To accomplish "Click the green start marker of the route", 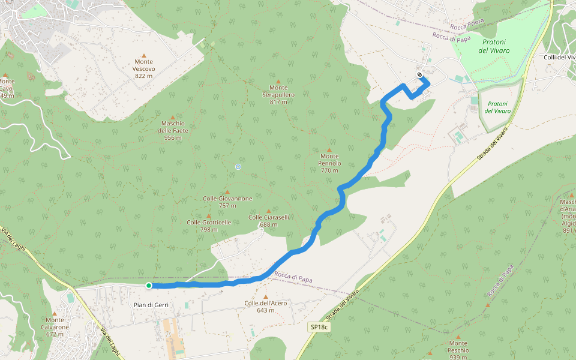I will pyautogui.click(x=148, y=286).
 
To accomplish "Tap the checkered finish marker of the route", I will pyautogui.click(x=420, y=75).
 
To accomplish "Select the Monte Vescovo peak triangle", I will pyautogui.click(x=144, y=56).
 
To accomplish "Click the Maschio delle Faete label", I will pyautogui.click(x=173, y=130).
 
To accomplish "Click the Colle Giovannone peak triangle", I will pyautogui.click(x=227, y=192).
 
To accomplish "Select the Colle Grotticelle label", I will pyautogui.click(x=209, y=222).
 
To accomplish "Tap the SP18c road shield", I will pyautogui.click(x=319, y=327).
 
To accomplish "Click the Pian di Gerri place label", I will pyautogui.click(x=151, y=305).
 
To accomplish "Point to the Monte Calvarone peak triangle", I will pyautogui.click(x=55, y=313).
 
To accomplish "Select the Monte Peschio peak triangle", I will pyautogui.click(x=458, y=337).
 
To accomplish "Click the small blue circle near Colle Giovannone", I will pyautogui.click(x=238, y=166).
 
